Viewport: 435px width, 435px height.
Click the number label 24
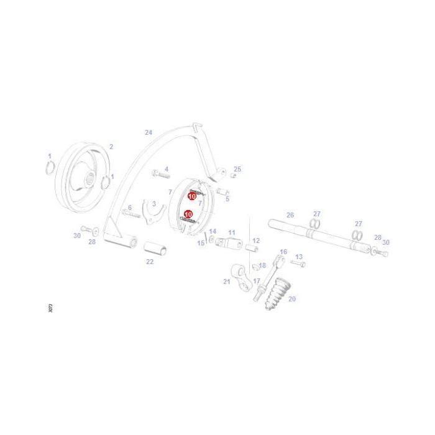148,132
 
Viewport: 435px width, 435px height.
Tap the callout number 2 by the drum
111,147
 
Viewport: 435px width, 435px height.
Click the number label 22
150,262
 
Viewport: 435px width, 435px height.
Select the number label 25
237,169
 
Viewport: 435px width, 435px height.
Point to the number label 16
283,252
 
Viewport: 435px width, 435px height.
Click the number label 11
232,232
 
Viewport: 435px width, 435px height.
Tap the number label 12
255,240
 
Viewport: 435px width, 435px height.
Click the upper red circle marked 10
192,196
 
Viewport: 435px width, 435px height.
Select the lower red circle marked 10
188,214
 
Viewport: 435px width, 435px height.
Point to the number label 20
292,299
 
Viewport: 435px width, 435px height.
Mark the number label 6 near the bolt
130,208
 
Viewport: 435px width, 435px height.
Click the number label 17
256,281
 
